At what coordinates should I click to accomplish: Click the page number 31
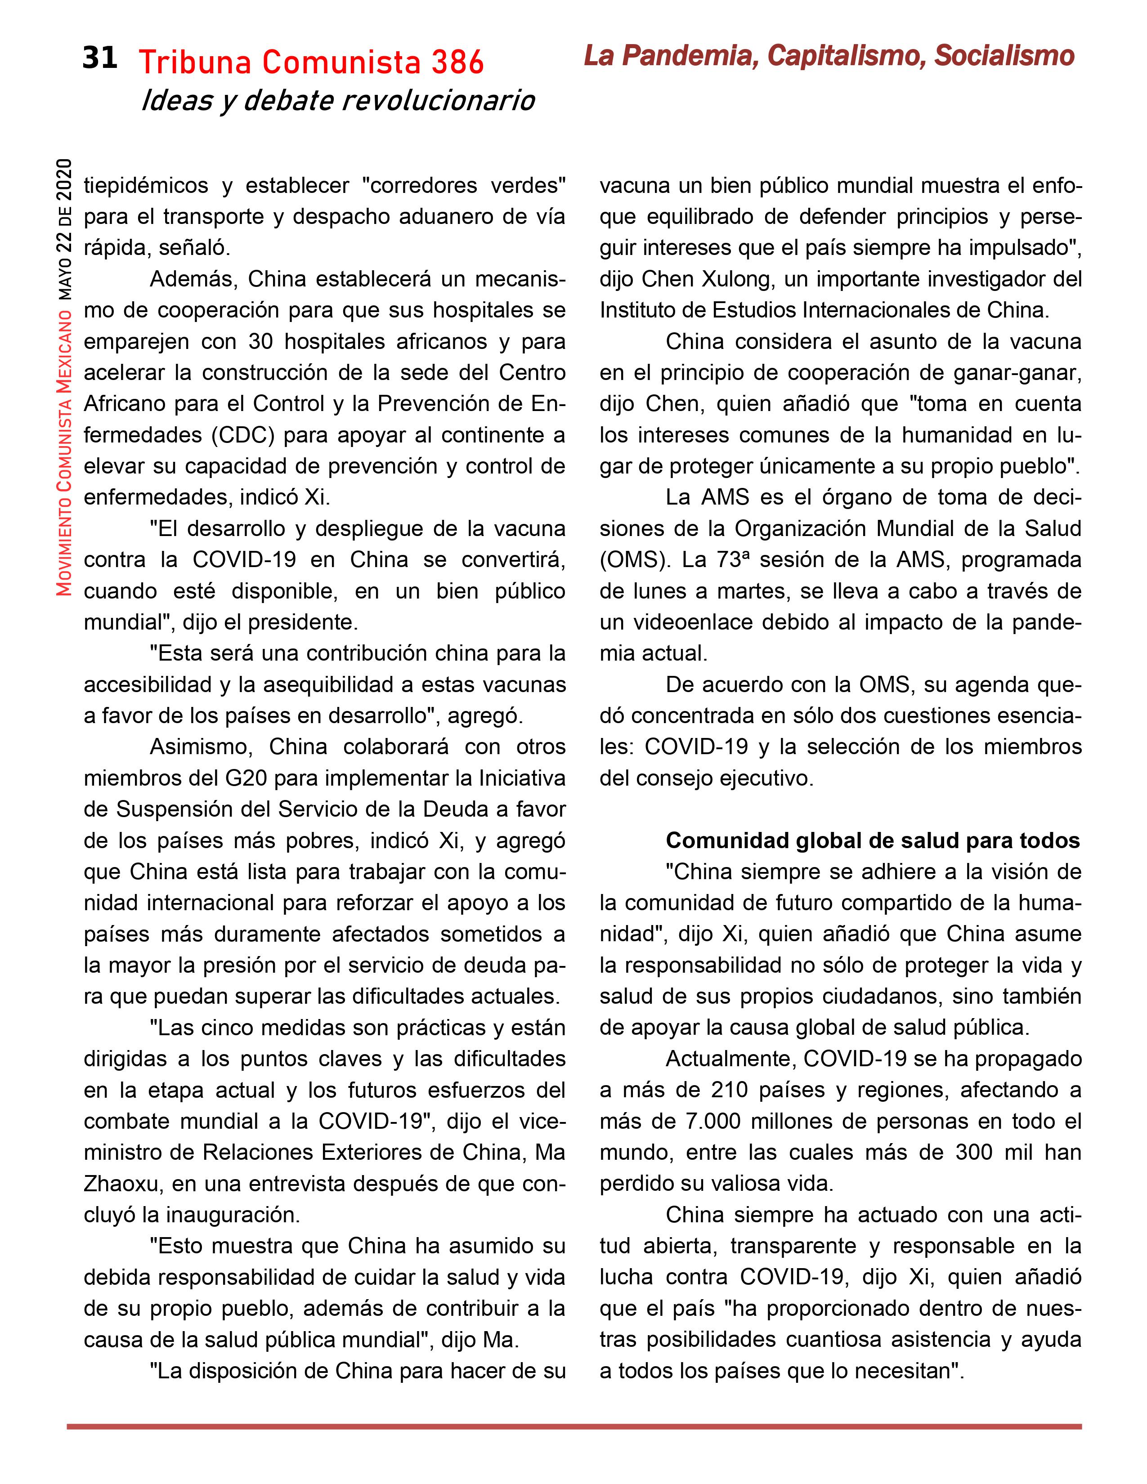point(99,58)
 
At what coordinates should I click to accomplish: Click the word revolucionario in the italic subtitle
point(438,101)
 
